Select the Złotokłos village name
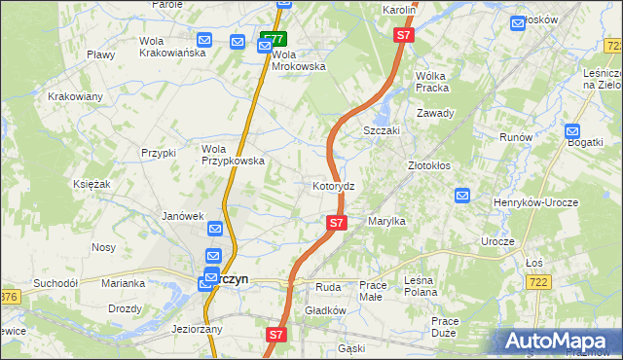(x=428, y=165)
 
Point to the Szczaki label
(x=383, y=130)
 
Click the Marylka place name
(x=386, y=222)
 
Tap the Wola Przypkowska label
(x=233, y=155)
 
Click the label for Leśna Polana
(x=421, y=292)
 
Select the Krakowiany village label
(x=75, y=97)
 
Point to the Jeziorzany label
(x=197, y=329)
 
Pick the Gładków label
(x=325, y=310)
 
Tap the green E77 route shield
(x=274, y=39)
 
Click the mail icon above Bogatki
(x=572, y=130)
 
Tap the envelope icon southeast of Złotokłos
(x=462, y=196)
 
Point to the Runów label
(x=516, y=137)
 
